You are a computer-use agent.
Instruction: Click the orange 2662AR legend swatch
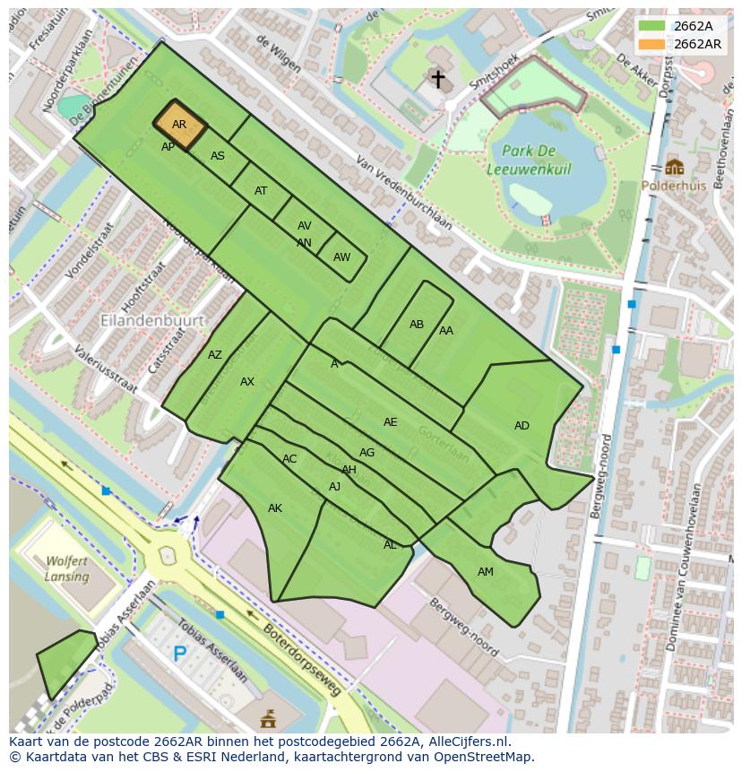click(652, 43)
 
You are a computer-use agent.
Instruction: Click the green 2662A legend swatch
click(652, 26)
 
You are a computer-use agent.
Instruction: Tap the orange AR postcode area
click(180, 125)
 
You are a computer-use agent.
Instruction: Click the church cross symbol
click(437, 79)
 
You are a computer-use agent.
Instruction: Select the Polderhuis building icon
click(674, 167)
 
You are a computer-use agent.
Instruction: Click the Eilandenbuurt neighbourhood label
click(152, 319)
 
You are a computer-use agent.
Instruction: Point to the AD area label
click(522, 426)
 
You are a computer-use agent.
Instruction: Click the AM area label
click(485, 571)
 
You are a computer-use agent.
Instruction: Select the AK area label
click(275, 508)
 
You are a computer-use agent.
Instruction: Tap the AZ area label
click(214, 355)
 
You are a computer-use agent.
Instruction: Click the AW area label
click(341, 257)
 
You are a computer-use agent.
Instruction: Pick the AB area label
click(417, 325)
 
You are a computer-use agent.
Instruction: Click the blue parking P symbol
click(180, 655)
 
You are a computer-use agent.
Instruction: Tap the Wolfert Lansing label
click(66, 569)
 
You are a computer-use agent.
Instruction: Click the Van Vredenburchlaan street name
click(403, 194)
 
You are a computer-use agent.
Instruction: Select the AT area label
click(261, 191)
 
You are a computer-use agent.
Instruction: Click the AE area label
click(390, 422)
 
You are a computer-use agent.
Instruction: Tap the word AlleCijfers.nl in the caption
click(467, 742)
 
